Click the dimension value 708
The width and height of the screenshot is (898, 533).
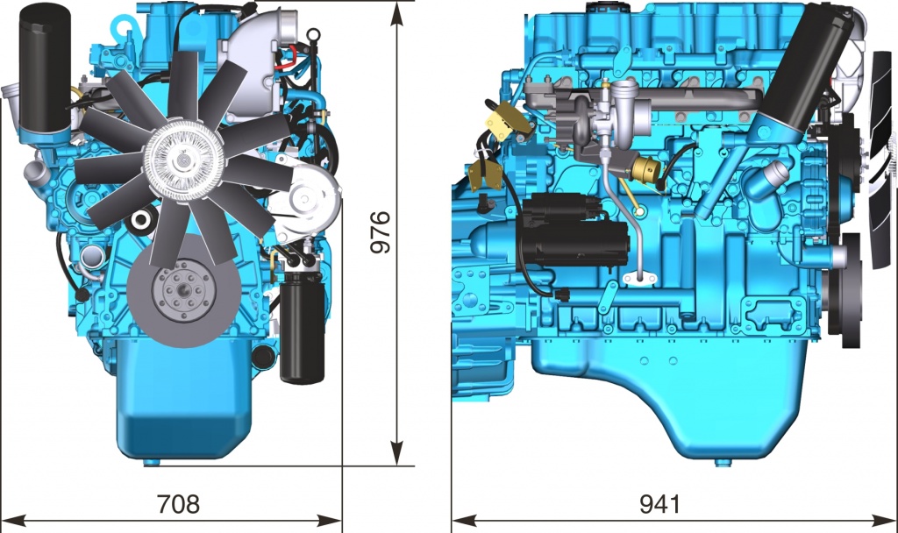tap(179, 503)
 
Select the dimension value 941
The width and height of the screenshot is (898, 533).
tap(660, 503)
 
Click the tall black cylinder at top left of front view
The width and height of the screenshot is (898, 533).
tap(46, 72)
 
